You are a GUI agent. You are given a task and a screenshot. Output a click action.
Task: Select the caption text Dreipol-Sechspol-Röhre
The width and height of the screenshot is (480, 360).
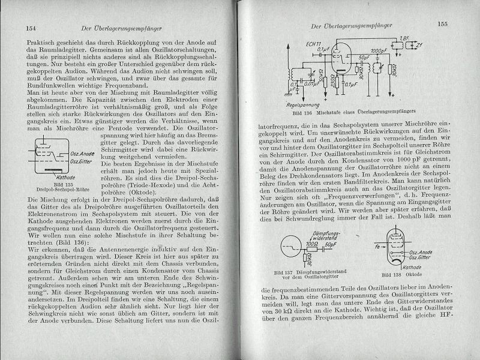[63, 179]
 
